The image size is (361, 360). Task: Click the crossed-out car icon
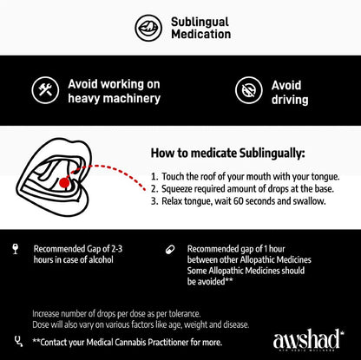click(x=248, y=90)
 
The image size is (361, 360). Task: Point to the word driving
click(x=289, y=100)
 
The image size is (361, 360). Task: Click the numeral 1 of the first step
click(x=154, y=176)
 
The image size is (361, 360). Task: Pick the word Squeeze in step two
click(x=180, y=188)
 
